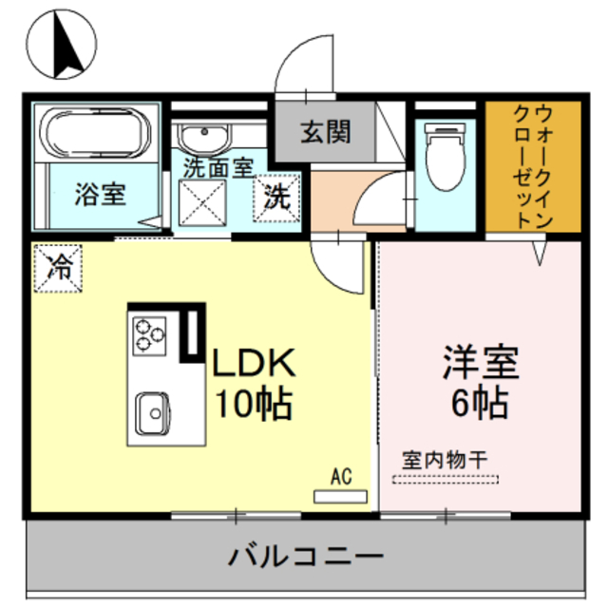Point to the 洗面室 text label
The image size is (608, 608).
pyautogui.click(x=218, y=167)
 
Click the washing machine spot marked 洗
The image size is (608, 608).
pyautogui.click(x=275, y=198)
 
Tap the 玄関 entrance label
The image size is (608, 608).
pyautogui.click(x=326, y=131)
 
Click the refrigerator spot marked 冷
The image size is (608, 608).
pyautogui.click(x=58, y=267)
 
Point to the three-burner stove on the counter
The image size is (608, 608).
pyautogui.click(x=147, y=333)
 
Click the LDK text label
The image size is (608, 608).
pyautogui.click(x=255, y=363)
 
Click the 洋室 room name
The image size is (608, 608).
pyautogui.click(x=479, y=363)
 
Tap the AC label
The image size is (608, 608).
pyautogui.click(x=342, y=475)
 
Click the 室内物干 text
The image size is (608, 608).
pyautogui.click(x=444, y=460)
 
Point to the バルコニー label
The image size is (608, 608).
pyautogui.click(x=306, y=555)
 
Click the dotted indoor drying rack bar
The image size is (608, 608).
pyautogui.click(x=445, y=479)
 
